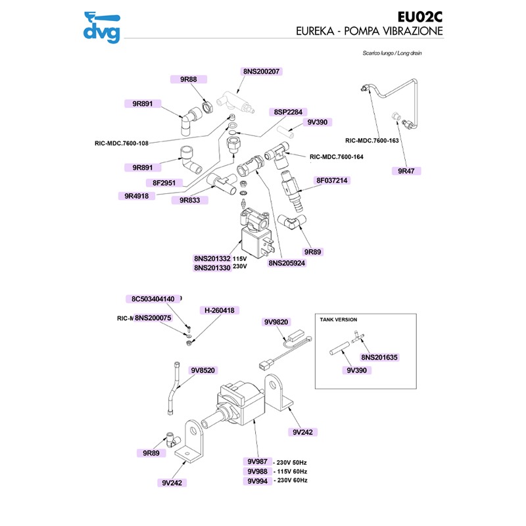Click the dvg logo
coord(102,28)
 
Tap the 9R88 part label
coord(189,79)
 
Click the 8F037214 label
coord(332,180)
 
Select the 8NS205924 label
coord(287,262)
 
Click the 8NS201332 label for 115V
coord(212,258)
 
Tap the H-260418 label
coord(220,310)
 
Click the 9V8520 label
coord(204,370)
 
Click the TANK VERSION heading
coord(338,319)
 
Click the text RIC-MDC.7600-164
coord(336,157)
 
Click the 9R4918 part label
coord(139,195)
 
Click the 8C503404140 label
coord(153,299)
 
